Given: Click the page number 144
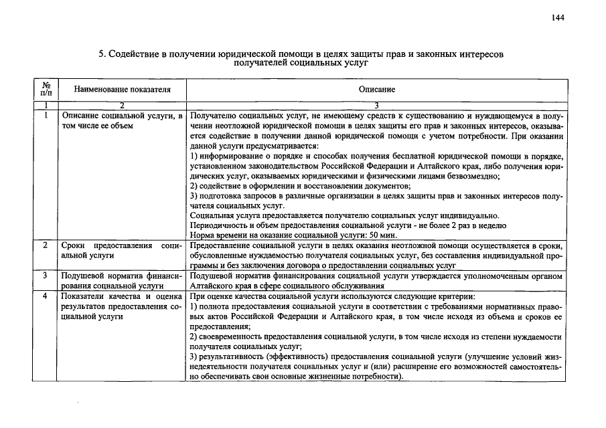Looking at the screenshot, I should [x=558, y=18].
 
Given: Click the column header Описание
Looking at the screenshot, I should [x=376, y=90].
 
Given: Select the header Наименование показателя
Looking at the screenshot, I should [x=122, y=90].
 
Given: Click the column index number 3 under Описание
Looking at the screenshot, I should [x=376, y=106].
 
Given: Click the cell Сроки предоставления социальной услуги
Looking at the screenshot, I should [x=122, y=251].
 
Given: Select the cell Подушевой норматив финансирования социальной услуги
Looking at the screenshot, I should [x=122, y=280].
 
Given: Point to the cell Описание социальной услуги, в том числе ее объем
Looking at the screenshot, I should [x=122, y=120].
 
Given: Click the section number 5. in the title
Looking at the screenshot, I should [x=103, y=53].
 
